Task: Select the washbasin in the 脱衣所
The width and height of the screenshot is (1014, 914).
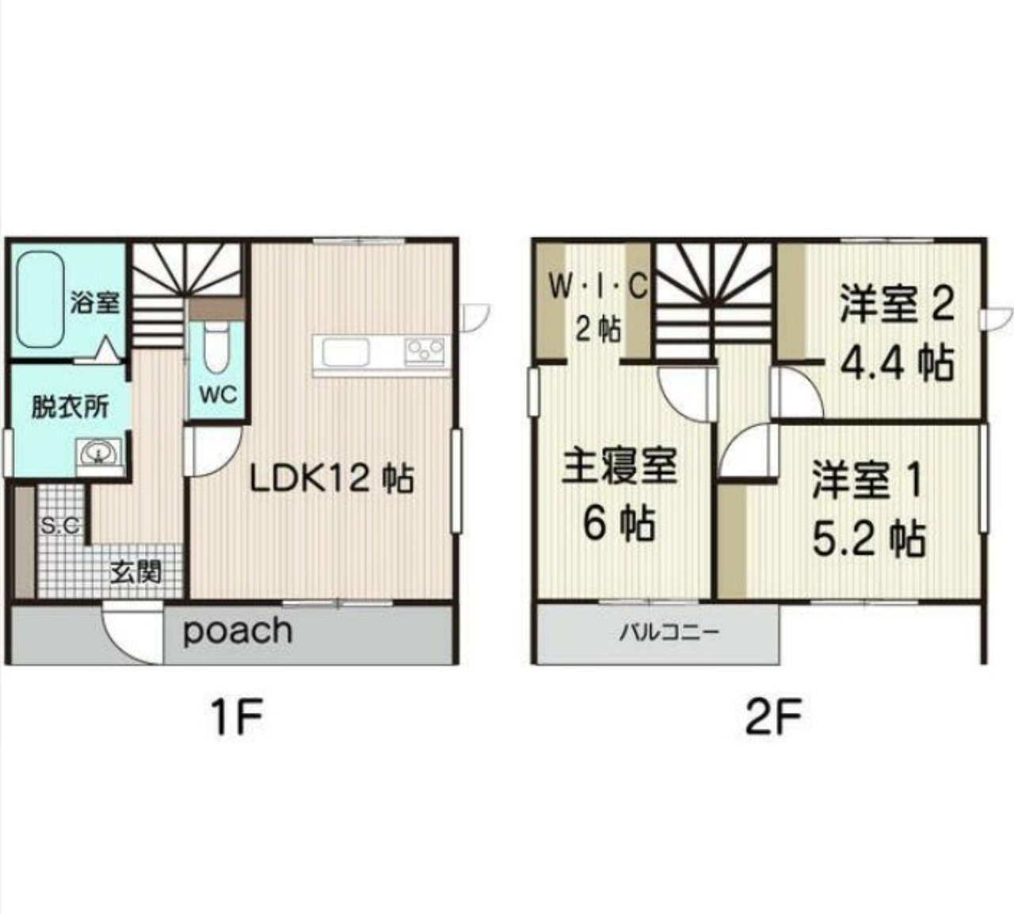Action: [98, 451]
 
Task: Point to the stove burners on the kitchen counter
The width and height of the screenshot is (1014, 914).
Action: [425, 352]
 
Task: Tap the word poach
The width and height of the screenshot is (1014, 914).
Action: [238, 630]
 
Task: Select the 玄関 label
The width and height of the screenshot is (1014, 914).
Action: [136, 573]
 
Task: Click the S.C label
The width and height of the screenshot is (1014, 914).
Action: [60, 527]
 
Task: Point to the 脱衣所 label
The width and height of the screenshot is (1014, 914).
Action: [71, 406]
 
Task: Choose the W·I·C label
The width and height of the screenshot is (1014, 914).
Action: [598, 288]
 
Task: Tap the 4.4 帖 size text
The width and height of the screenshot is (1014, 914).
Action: [897, 364]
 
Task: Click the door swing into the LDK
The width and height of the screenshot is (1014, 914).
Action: [213, 451]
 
